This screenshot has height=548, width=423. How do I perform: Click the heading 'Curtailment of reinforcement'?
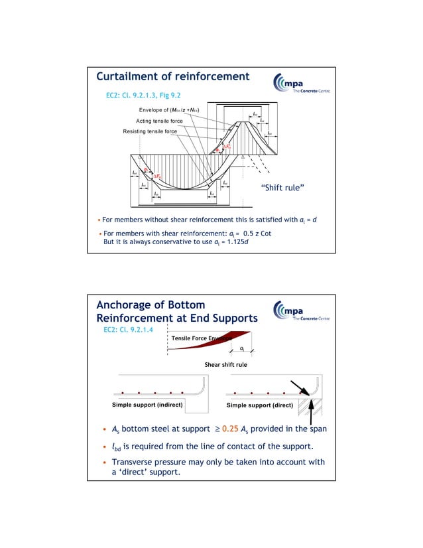point(173,77)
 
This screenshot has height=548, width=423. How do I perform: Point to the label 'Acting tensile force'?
point(159,121)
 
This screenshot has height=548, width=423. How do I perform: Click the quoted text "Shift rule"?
point(283,189)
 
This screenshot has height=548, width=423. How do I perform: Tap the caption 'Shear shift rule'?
point(225,364)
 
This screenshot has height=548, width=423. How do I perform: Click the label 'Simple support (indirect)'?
point(147,404)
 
